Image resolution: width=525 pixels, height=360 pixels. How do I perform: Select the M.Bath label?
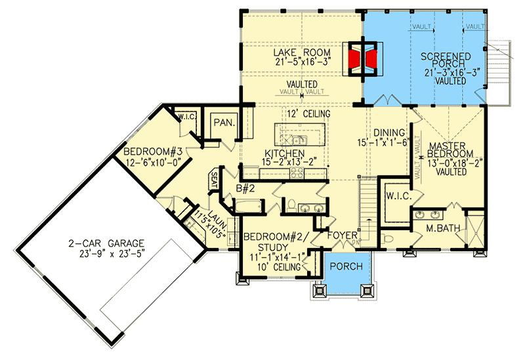442,229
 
